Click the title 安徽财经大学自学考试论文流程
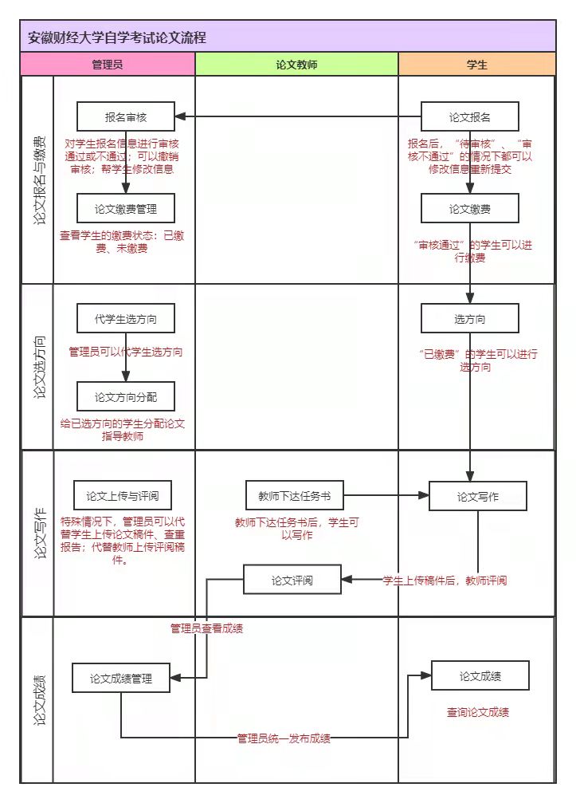pyautogui.click(x=117, y=37)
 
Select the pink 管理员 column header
pyautogui.click(x=108, y=65)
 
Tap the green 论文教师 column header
pyautogui.click(x=296, y=65)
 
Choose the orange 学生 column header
pyautogui.click(x=476, y=65)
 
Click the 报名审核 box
pyautogui.click(x=126, y=116)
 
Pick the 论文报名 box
pyautogui.click(x=470, y=116)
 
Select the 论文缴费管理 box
pyautogui.click(x=126, y=209)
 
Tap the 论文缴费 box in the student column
pyautogui.click(x=470, y=209)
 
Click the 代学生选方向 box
pyautogui.click(x=126, y=318)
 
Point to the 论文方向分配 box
pyautogui.click(x=126, y=396)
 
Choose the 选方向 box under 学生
pyautogui.click(x=470, y=319)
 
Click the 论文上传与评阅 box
pyautogui.click(x=123, y=496)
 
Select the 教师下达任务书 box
pyautogui.click(x=294, y=495)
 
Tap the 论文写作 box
pyautogui.click(x=478, y=496)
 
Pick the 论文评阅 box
pyautogui.click(x=292, y=580)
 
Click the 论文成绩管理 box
pyautogui.click(x=121, y=679)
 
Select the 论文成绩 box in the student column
pyautogui.click(x=481, y=676)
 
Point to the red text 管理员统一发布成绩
pyautogui.click(x=284, y=738)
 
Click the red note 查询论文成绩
pyautogui.click(x=478, y=712)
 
